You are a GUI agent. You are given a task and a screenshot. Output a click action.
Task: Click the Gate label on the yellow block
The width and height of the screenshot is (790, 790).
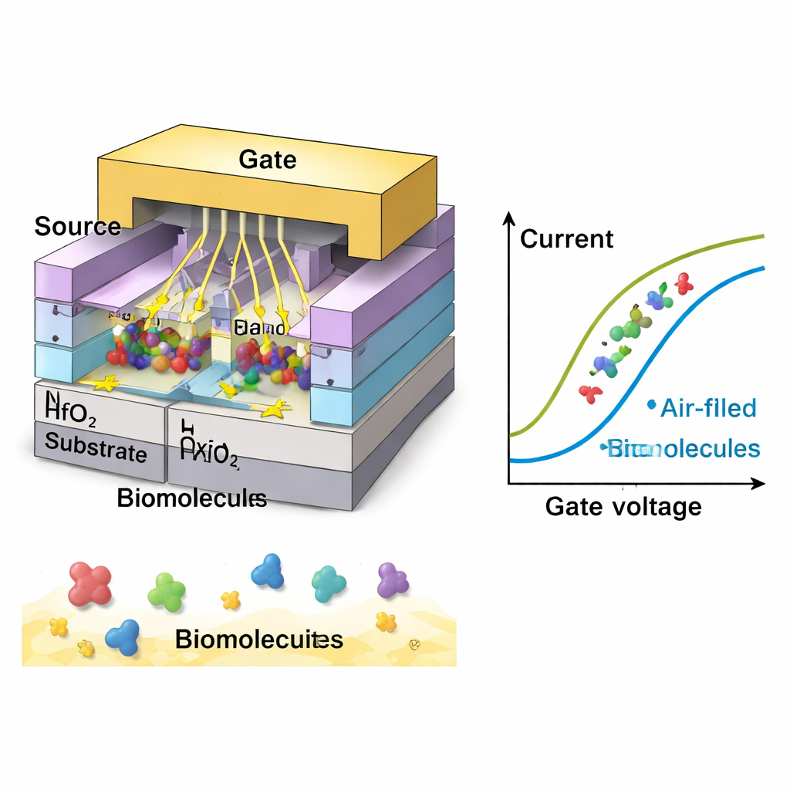point(267,160)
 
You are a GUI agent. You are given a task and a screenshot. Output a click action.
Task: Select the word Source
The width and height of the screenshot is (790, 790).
point(77,227)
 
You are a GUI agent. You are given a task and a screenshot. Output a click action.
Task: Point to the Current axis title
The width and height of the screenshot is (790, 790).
point(566,239)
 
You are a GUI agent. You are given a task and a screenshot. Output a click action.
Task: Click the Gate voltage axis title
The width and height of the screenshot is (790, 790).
point(623,507)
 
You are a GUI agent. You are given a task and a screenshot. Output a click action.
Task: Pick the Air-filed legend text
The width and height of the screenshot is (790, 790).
point(708,408)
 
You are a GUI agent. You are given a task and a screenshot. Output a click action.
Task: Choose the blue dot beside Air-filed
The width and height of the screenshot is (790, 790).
point(652,403)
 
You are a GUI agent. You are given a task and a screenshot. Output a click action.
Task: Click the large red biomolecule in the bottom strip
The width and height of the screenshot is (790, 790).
point(89,583)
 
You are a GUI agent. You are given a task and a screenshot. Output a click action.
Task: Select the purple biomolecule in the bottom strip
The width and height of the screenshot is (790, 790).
point(393,580)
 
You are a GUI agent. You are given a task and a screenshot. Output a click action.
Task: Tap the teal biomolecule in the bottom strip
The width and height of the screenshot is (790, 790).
point(328,583)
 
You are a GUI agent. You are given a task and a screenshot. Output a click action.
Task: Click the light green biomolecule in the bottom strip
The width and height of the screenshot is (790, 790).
point(167,592)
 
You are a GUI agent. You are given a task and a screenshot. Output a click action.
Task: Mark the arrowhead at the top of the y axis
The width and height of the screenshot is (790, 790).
point(508,218)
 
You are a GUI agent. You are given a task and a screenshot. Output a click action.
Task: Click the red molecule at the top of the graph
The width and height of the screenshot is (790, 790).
point(683,283)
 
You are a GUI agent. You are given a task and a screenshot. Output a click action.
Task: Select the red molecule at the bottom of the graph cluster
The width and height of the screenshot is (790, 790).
point(590,393)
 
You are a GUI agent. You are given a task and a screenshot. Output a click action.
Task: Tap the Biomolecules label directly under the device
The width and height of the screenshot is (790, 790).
point(191,498)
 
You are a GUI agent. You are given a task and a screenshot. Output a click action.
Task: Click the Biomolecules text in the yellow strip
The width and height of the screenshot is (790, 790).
point(258,640)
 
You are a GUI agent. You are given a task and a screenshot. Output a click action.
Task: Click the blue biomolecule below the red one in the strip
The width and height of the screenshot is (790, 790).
point(122,636)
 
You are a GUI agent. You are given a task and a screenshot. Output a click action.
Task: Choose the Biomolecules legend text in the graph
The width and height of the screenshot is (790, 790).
point(684,448)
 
